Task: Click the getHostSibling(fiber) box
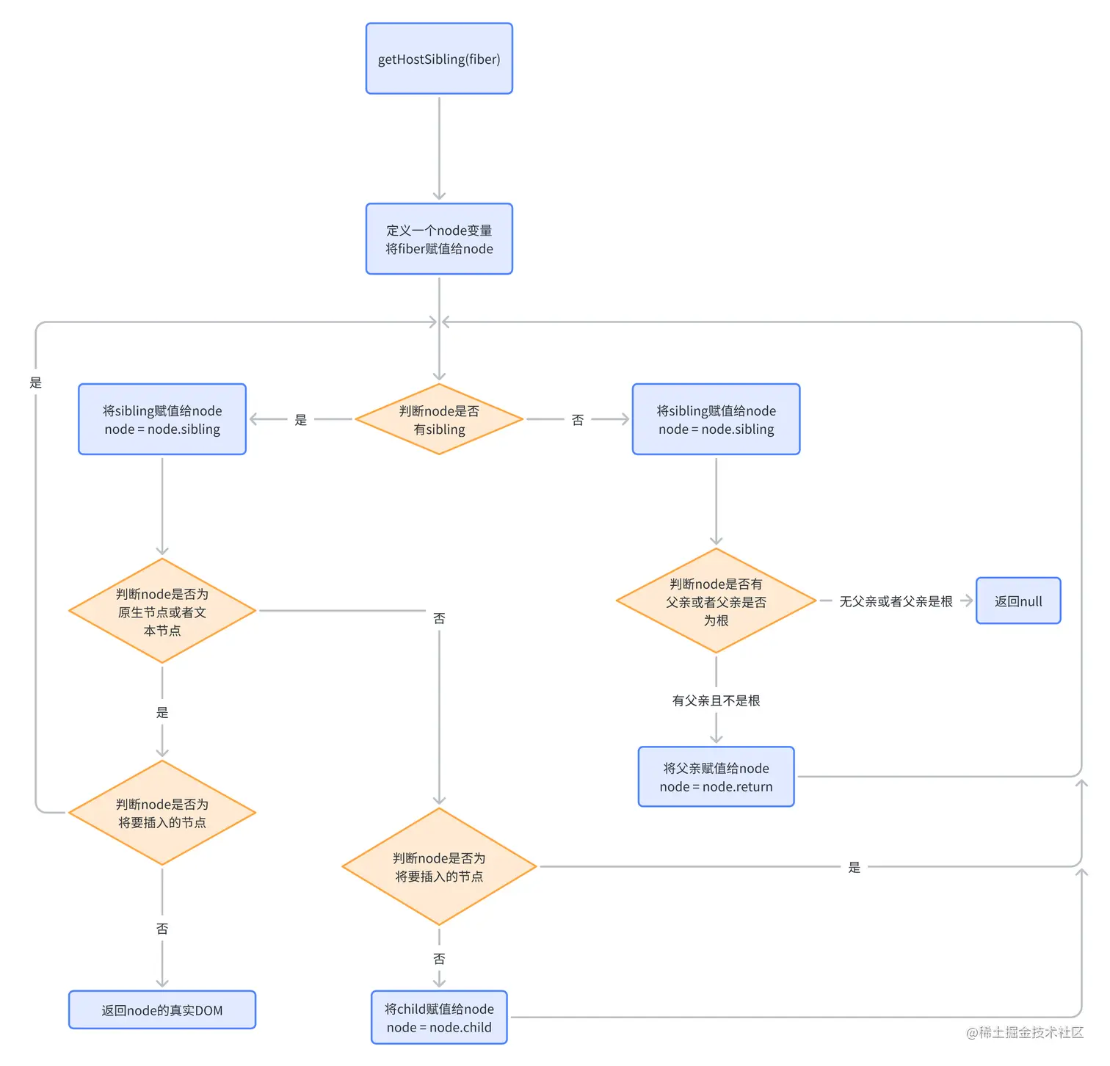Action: coord(439,59)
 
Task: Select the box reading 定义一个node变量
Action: coord(439,239)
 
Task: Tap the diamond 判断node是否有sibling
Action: coord(439,419)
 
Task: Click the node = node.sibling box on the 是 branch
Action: coord(162,419)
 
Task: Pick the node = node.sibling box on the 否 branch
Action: coord(716,419)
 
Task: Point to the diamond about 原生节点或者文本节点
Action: coord(162,611)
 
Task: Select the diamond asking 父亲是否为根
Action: coord(716,601)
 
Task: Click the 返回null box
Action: coord(1018,601)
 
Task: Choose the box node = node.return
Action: coord(716,777)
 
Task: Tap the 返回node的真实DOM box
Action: coord(162,1010)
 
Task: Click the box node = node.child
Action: coord(439,1018)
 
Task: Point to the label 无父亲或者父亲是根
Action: coord(896,601)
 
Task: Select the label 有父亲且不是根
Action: coord(716,700)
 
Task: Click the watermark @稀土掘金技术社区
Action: coord(1025,1032)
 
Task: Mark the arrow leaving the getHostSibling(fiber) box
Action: coord(439,147)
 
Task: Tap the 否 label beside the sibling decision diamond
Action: coord(578,420)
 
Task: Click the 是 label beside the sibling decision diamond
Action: coord(301,420)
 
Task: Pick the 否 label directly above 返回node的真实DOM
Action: coord(162,929)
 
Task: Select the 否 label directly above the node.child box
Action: coord(439,959)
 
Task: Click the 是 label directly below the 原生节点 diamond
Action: coord(162,712)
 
